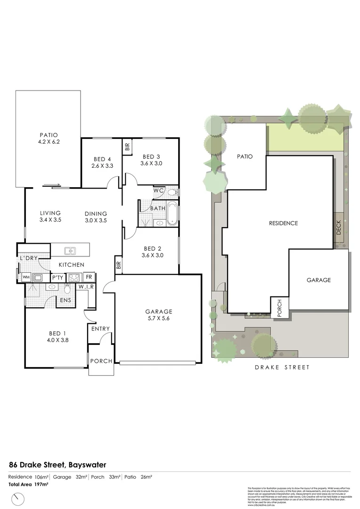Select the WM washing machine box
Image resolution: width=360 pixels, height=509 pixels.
tap(26, 277)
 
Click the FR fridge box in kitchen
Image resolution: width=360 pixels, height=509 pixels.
tap(88, 277)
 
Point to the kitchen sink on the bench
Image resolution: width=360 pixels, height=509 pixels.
tap(70, 251)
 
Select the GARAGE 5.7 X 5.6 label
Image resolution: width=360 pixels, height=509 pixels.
tap(158, 315)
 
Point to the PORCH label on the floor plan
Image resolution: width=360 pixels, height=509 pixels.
tap(101, 361)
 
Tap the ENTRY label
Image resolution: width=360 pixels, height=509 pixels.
tap(100, 329)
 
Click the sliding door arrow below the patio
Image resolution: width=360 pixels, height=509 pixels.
tap(51, 185)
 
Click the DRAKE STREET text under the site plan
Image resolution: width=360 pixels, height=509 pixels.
tap(282, 367)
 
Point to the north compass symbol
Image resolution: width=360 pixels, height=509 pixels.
tap(18, 498)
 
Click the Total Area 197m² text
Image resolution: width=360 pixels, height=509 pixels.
tap(28, 484)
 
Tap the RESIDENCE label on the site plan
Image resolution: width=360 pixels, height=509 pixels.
tap(283, 223)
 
